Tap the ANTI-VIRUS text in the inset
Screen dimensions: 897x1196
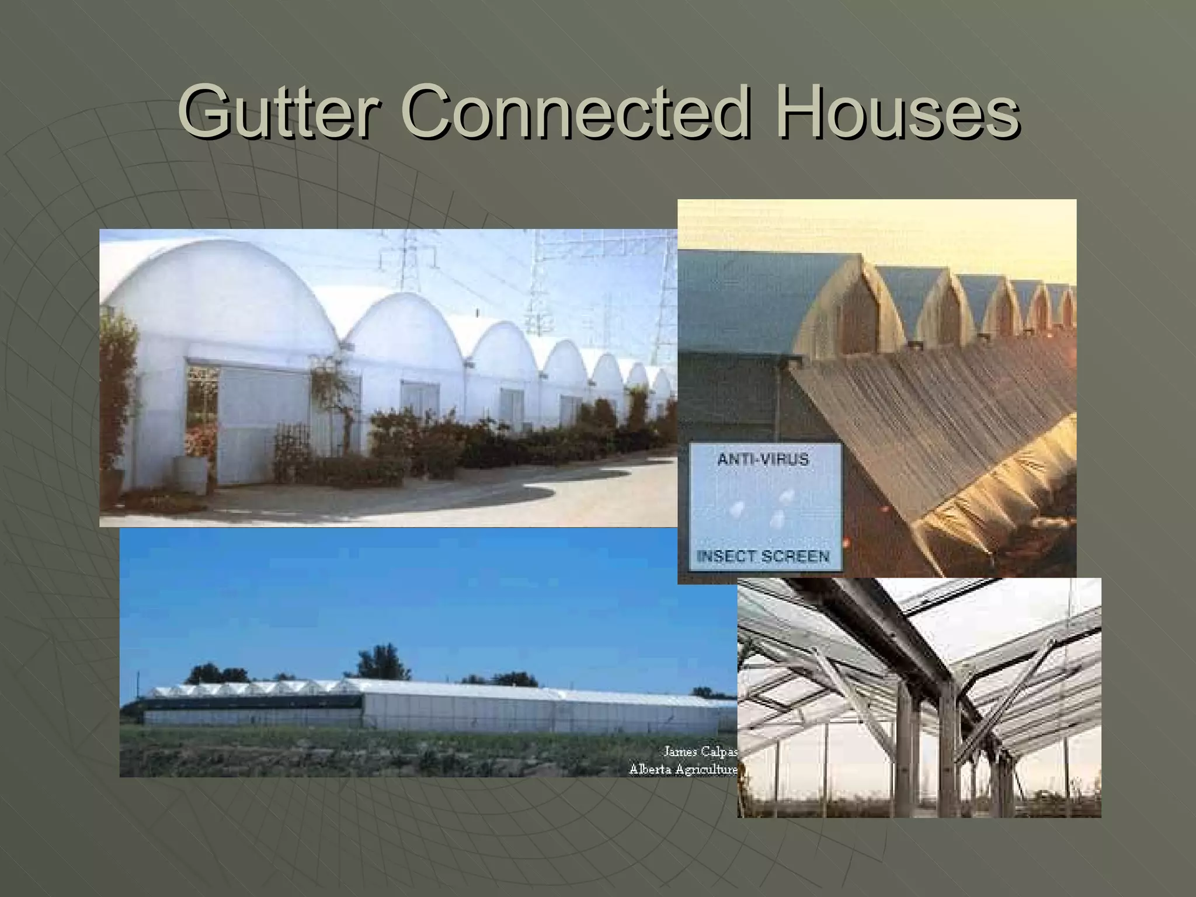763,460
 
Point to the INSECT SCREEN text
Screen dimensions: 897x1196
763,556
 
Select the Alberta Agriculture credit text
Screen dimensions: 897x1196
683,770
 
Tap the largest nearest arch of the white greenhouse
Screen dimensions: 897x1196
222,292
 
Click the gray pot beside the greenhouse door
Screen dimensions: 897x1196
190,474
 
